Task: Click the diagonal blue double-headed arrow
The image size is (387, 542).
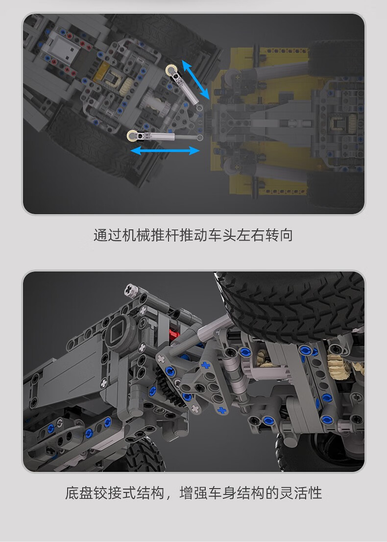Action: pos(195,79)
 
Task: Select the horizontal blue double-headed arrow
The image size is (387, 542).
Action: pos(165,150)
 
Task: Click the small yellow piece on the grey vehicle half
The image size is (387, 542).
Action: pos(102,72)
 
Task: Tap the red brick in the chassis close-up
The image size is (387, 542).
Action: pos(174,334)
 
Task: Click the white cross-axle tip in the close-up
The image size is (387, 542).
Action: pos(131,290)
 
